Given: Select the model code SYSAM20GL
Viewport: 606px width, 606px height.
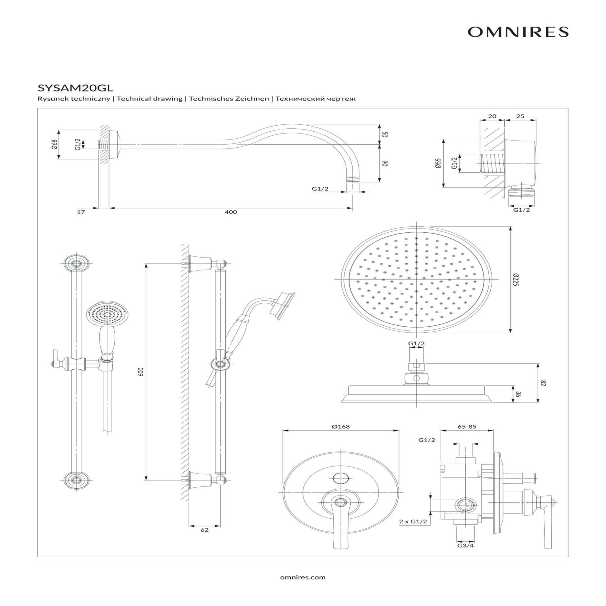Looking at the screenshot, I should tap(75, 87).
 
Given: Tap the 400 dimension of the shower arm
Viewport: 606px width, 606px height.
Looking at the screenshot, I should tap(231, 212).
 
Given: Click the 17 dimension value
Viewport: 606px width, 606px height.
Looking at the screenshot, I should tap(81, 212).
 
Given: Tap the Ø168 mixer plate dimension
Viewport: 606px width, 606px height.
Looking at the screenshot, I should tap(341, 427).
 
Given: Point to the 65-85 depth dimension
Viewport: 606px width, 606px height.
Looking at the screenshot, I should tap(467, 427).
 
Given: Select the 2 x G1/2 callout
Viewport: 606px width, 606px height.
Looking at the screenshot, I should tap(413, 521).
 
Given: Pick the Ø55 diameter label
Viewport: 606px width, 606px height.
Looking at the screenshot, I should tap(438, 163).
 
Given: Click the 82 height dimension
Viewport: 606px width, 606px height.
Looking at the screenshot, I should tap(543, 383).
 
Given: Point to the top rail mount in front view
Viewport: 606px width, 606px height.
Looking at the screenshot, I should tap(76, 263).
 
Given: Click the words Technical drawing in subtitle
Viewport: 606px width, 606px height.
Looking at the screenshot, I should tap(150, 99).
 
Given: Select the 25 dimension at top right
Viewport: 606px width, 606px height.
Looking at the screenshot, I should tap(520, 116).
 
